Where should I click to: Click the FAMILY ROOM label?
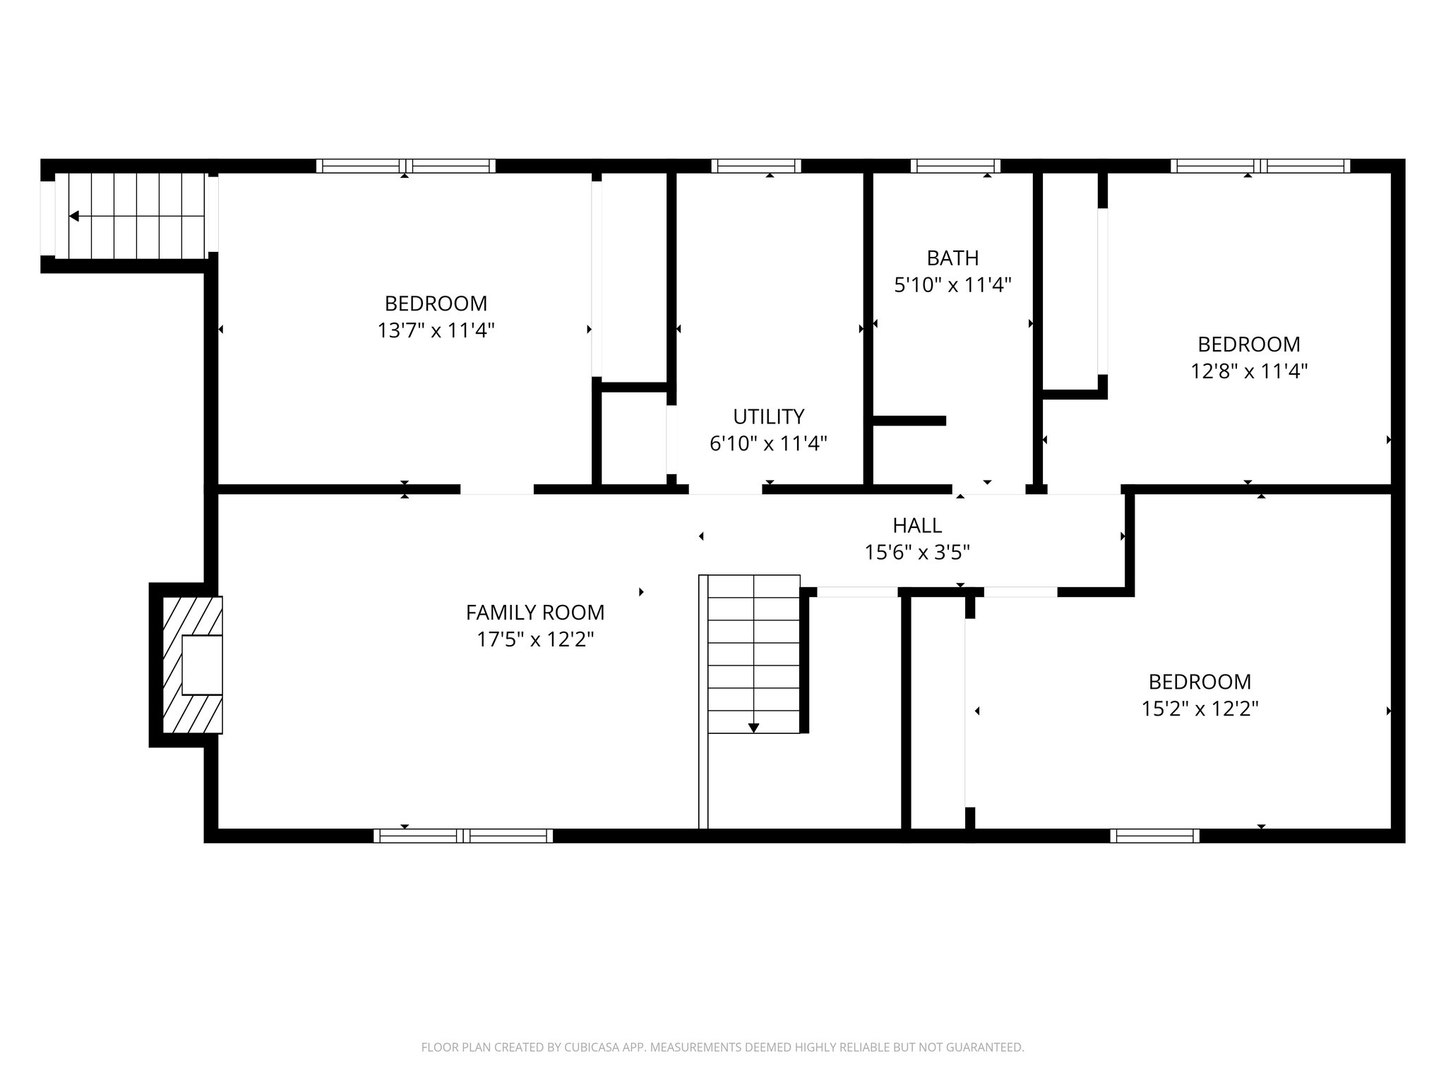534,612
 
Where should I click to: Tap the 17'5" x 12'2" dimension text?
534,639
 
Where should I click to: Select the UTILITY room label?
768,416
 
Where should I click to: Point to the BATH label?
952,258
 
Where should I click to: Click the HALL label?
916,525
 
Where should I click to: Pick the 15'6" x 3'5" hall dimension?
916,552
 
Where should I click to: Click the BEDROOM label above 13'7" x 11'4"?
436,303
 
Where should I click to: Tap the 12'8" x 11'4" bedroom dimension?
1248,371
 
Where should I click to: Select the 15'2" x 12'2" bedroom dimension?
1200,709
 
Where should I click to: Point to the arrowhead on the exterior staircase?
73,216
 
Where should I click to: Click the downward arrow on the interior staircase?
753,728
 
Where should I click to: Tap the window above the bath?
955,166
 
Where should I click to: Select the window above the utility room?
755,166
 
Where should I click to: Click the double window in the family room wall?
463,836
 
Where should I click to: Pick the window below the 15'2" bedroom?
1154,836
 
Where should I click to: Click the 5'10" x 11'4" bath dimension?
952,285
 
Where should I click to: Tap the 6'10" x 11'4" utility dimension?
768,443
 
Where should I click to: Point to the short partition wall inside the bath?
909,421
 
